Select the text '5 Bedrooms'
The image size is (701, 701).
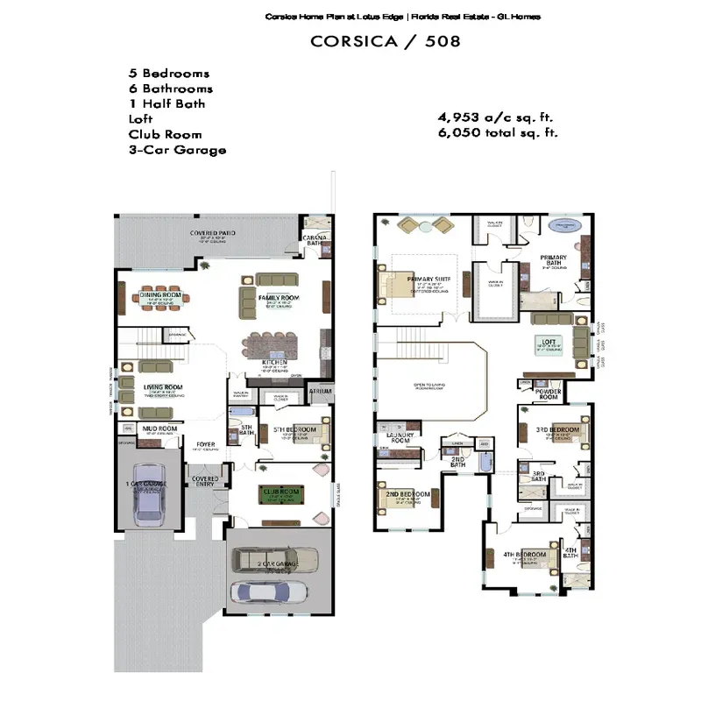pos(169,74)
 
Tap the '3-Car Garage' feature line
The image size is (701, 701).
pos(177,150)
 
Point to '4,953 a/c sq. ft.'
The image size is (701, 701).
pos(496,117)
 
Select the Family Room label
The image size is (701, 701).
pos(279,299)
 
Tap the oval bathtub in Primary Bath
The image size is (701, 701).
pos(566,226)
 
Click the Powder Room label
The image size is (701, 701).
pos(548,394)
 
